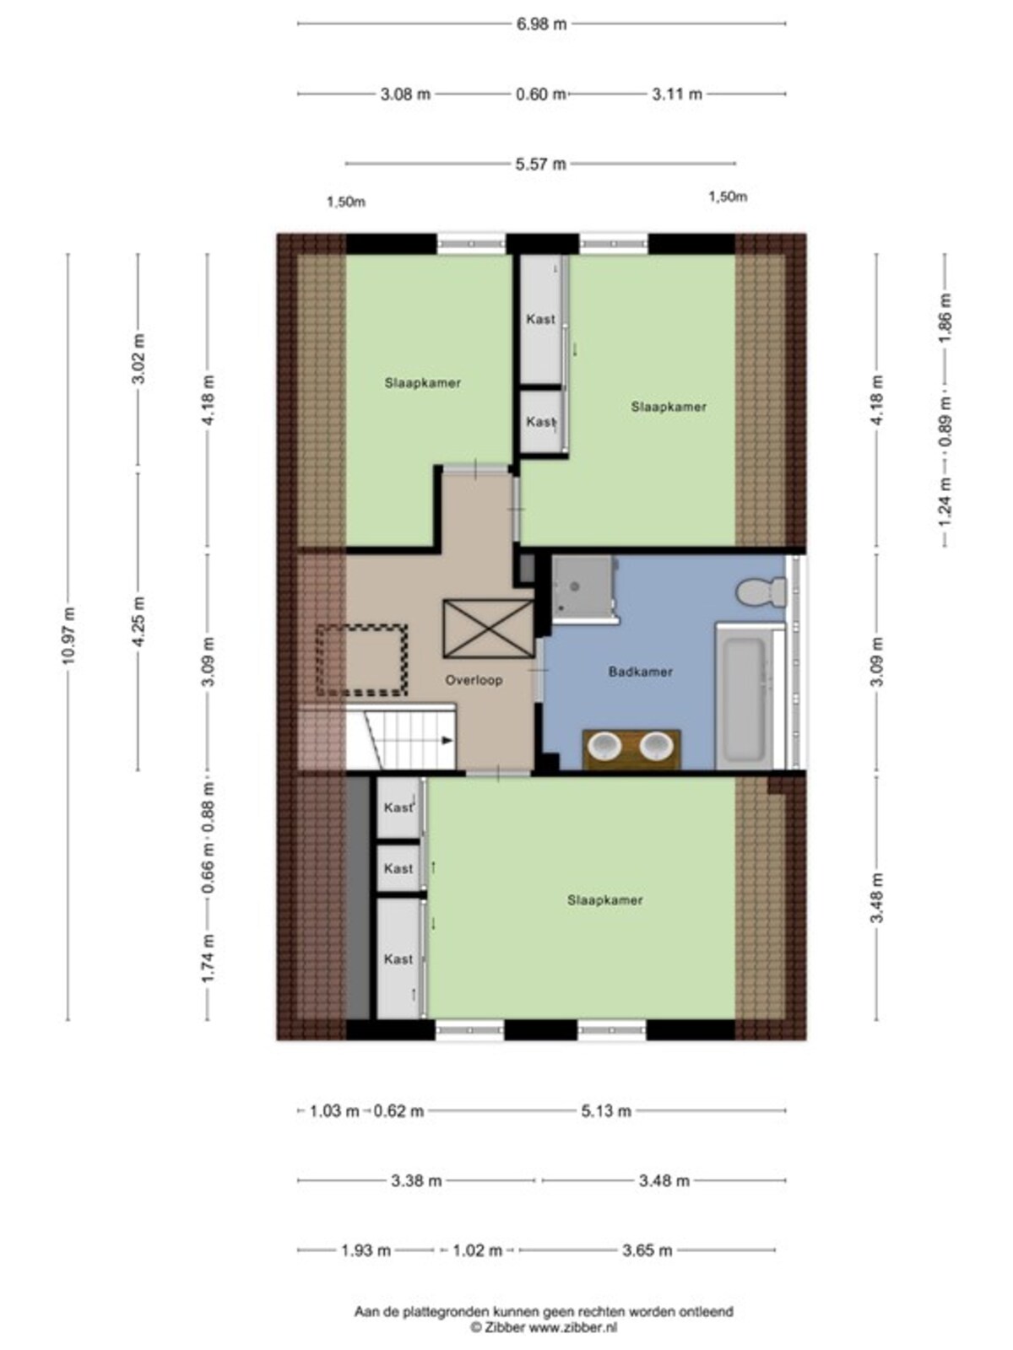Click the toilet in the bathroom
[x=761, y=591]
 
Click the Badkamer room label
[x=640, y=672]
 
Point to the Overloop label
[x=474, y=679]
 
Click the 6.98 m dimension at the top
[x=540, y=24]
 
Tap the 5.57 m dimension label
[x=540, y=165]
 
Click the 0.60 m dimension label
[x=540, y=94]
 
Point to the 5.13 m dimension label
[x=606, y=1110]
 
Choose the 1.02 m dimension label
[x=477, y=1250]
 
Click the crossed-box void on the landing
[x=488, y=629]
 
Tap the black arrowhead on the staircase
[x=447, y=741]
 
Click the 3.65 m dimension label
[x=647, y=1250]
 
